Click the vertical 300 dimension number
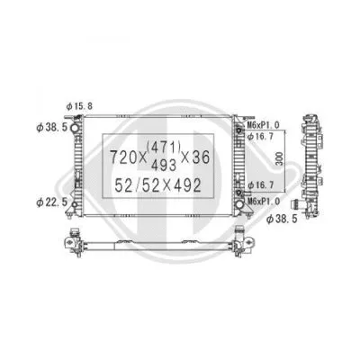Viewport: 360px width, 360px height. pyautogui.click(x=281, y=161)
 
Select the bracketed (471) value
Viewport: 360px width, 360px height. pyautogui.click(x=167, y=148)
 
